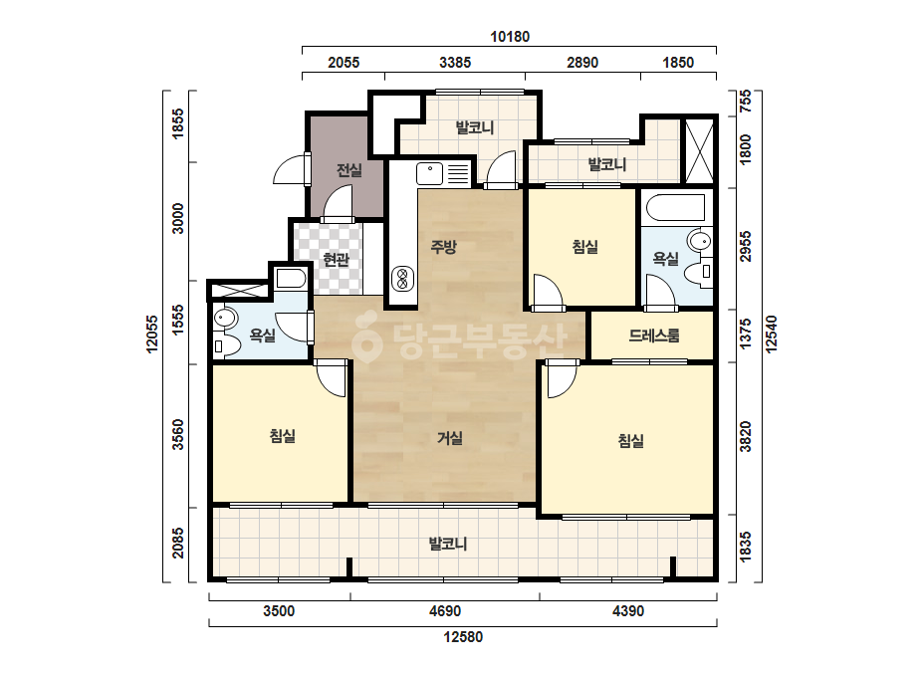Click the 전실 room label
[349, 170]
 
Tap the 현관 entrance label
[336, 259]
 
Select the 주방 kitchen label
[443, 246]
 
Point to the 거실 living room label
[449, 437]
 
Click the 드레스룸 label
[654, 336]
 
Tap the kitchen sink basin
[429, 173]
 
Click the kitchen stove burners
[402, 279]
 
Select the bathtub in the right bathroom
[675, 207]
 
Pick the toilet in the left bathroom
[226, 346]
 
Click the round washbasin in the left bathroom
[224, 319]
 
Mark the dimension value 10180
[510, 37]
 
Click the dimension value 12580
[463, 636]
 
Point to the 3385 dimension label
[455, 62]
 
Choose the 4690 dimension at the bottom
[445, 611]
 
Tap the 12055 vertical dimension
[152, 335]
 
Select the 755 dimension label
[745, 102]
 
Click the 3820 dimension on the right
[745, 437]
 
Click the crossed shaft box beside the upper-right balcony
[699, 151]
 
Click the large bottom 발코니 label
[448, 544]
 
